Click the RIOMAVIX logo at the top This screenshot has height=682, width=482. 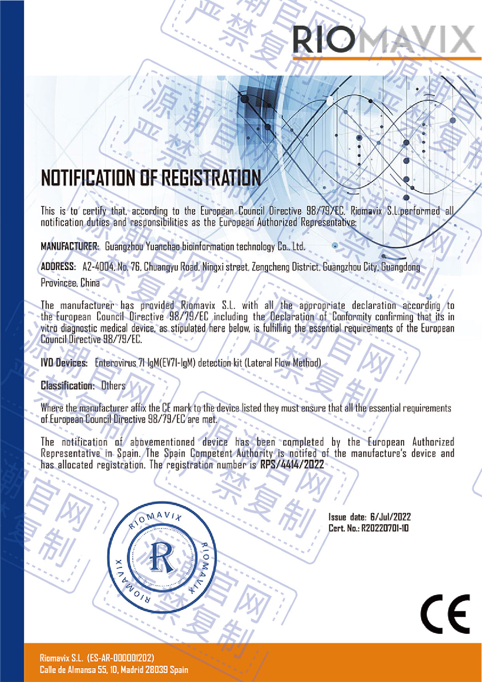[x=383, y=40]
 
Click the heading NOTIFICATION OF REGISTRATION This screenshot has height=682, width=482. [x=151, y=178]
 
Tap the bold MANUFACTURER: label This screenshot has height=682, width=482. [x=70, y=246]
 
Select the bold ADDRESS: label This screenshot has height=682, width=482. [x=58, y=267]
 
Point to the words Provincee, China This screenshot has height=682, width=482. [x=70, y=283]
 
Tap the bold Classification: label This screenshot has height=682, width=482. [x=68, y=385]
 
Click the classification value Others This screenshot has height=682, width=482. [x=113, y=385]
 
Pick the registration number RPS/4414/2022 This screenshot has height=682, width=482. [x=292, y=464]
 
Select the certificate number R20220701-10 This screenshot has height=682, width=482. [x=385, y=528]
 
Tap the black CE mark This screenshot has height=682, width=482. [x=445, y=614]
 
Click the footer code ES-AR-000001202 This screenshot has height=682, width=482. [x=120, y=658]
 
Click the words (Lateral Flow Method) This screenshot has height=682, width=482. [x=283, y=363]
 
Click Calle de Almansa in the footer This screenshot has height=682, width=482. [x=66, y=670]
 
